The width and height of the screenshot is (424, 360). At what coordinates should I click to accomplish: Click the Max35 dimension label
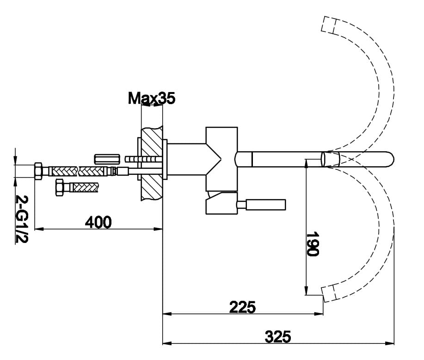[x=152, y=98]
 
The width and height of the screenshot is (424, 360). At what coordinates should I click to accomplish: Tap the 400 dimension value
[x=98, y=223]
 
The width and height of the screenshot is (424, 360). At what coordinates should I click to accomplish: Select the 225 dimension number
[x=243, y=307]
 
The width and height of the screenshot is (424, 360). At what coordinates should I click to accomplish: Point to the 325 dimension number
[x=278, y=336]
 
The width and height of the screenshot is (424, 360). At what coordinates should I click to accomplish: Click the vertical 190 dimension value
[x=313, y=244]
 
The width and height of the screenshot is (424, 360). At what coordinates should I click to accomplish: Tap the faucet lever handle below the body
[x=265, y=204]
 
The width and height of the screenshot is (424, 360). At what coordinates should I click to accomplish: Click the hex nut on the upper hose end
[x=39, y=171]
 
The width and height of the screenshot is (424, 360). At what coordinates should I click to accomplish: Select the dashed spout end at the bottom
[x=328, y=293]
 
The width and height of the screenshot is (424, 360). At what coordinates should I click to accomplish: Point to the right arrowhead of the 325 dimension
[x=392, y=343]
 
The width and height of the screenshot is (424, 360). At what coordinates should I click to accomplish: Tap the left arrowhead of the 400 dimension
[x=38, y=229]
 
